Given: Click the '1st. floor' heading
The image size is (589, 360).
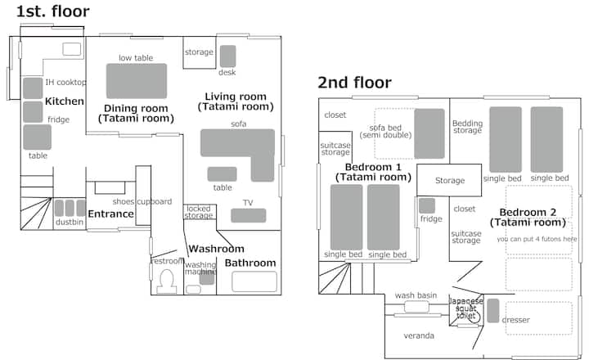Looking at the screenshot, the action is coord(52,11).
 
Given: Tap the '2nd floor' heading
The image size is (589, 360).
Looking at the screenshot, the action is coord(354,83).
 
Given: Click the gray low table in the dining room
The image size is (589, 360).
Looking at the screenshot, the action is coord(137,81).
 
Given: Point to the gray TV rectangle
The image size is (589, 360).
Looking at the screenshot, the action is coord(249,215).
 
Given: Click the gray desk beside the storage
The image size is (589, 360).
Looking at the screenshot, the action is coord(227,56).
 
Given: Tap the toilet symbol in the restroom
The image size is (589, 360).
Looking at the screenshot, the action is coord(166,281).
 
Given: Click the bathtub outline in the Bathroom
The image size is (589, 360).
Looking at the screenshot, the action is coord(254,281).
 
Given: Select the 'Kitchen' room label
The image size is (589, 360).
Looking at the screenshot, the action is coord(65,101).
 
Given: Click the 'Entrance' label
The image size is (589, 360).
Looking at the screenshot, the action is coord(110,214).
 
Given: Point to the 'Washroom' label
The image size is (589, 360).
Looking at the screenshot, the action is coord(216,249).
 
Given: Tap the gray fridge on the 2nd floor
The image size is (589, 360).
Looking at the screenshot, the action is coord(427,205).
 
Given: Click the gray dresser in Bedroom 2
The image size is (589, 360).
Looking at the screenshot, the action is coord(493,310).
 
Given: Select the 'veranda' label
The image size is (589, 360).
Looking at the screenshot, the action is coord(419,335).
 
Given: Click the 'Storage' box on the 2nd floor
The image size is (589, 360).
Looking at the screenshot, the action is coord(449,180).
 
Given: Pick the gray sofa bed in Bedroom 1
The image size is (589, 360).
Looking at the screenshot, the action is coord(429,133).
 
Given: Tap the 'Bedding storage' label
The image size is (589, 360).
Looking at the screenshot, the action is coord(467,127).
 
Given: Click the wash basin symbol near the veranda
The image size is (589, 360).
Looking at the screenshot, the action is coord(416,307).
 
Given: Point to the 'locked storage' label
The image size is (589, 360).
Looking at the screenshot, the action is coord(198,212).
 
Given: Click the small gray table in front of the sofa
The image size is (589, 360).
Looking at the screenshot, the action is coord(222,174).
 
